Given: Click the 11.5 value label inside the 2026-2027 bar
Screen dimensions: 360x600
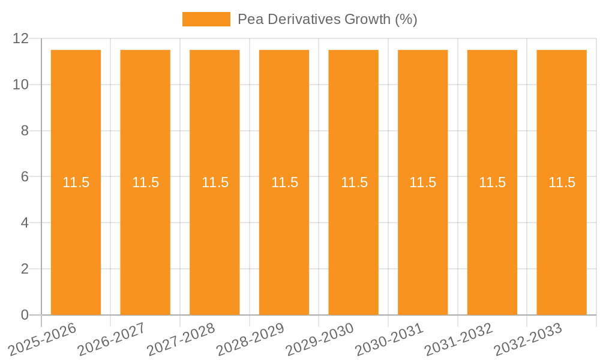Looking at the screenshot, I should (x=145, y=182).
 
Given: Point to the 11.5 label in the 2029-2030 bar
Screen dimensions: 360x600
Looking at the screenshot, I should (x=354, y=182).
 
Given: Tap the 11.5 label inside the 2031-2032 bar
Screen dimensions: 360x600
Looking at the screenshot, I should (x=492, y=182).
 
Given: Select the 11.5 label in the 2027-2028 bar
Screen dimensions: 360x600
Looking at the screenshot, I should (x=215, y=182).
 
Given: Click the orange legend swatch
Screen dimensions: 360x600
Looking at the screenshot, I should (x=206, y=19).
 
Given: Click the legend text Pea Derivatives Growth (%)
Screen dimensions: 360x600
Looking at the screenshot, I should (x=327, y=19).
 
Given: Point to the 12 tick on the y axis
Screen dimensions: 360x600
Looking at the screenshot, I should (x=21, y=38).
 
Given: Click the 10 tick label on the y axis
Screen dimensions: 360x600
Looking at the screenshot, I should (x=21, y=85).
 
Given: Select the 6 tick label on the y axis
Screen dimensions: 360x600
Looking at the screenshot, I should (x=25, y=177).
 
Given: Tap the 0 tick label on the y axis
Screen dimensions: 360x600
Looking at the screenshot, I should (x=25, y=315).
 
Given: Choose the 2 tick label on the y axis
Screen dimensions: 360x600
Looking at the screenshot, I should (x=25, y=269).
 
